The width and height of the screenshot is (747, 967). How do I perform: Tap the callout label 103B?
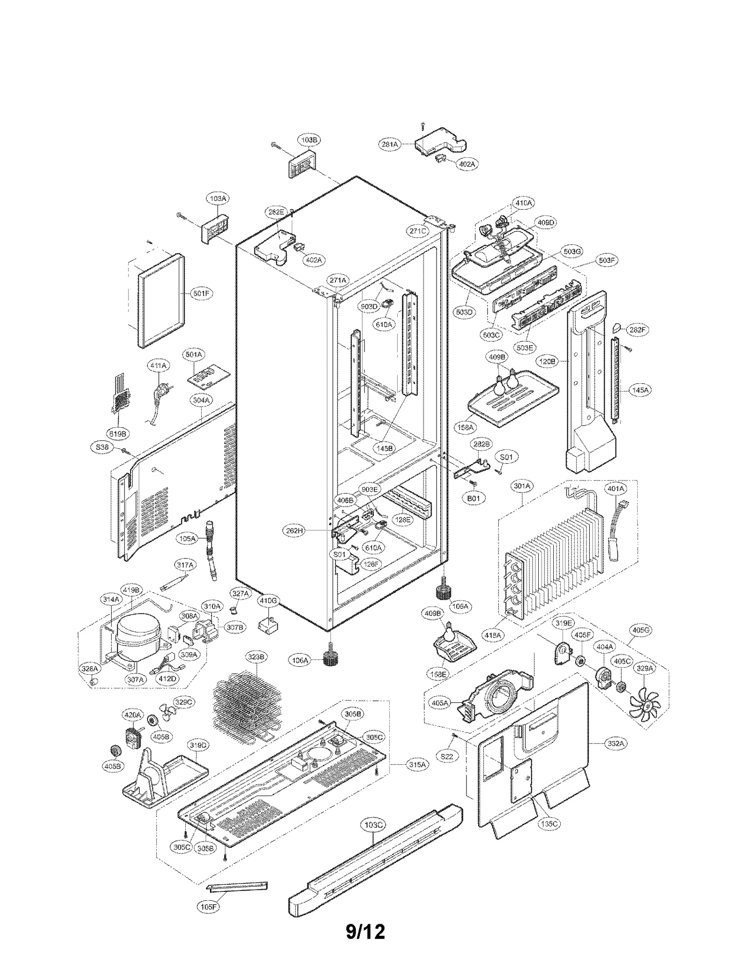(309, 140)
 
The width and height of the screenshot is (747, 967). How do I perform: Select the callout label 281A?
(389, 144)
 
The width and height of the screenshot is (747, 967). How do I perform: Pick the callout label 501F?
(201, 294)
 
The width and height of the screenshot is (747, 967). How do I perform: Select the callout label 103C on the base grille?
(373, 825)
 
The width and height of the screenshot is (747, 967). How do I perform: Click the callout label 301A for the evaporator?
(522, 486)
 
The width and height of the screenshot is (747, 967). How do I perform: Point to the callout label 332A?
(615, 743)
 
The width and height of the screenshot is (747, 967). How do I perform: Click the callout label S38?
(102, 447)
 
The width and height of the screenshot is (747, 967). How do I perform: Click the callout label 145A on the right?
(640, 390)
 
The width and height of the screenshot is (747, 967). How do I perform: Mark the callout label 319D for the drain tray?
(197, 745)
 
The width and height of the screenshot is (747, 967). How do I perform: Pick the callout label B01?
(473, 498)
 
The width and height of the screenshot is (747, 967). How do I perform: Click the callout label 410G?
(268, 601)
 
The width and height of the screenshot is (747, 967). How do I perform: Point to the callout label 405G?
(641, 630)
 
